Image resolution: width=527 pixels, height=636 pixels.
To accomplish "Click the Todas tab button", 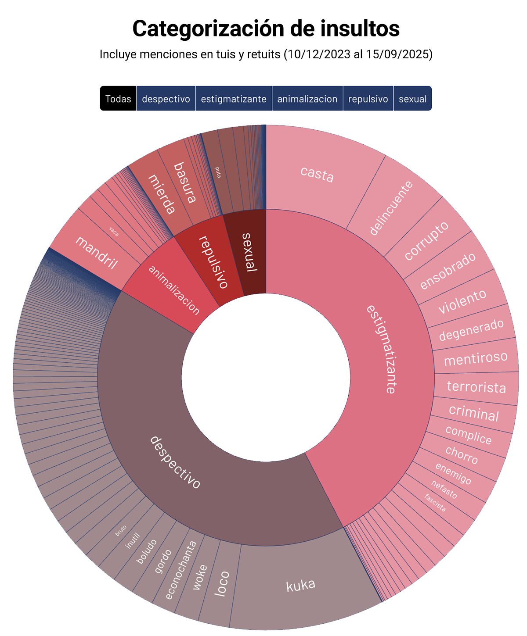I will pyautogui.click(x=118, y=99).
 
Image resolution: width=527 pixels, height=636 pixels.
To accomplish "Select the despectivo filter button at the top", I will pyautogui.click(x=166, y=99).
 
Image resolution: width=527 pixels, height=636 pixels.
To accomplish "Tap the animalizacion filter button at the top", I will pyautogui.click(x=307, y=99).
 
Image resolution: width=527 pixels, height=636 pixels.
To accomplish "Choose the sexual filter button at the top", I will pyautogui.click(x=412, y=99).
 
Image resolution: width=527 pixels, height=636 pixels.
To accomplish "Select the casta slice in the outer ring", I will pyautogui.click(x=317, y=174).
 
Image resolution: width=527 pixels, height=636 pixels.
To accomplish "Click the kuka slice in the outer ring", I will pyautogui.click(x=301, y=585).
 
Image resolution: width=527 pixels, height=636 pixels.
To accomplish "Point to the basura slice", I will pyautogui.click(x=185, y=182).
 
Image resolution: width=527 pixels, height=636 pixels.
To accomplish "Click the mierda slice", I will pyautogui.click(x=162, y=194).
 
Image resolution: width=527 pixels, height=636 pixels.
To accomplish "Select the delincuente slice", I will pyautogui.click(x=391, y=208).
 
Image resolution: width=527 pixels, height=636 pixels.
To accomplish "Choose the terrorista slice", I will pyautogui.click(x=476, y=387).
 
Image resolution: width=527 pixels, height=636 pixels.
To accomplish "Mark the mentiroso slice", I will pyautogui.click(x=476, y=358).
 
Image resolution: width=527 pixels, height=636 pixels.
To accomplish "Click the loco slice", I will pyautogui.click(x=222, y=583).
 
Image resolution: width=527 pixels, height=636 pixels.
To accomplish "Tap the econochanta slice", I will pyautogui.click(x=181, y=570).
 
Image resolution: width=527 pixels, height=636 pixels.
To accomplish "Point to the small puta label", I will pyautogui.click(x=218, y=172).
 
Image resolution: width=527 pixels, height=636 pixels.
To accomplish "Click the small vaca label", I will pyautogui.click(x=114, y=231).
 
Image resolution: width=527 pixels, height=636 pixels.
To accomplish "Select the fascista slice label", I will pyautogui.click(x=435, y=503).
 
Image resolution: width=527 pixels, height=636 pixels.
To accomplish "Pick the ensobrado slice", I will pyautogui.click(x=448, y=271).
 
